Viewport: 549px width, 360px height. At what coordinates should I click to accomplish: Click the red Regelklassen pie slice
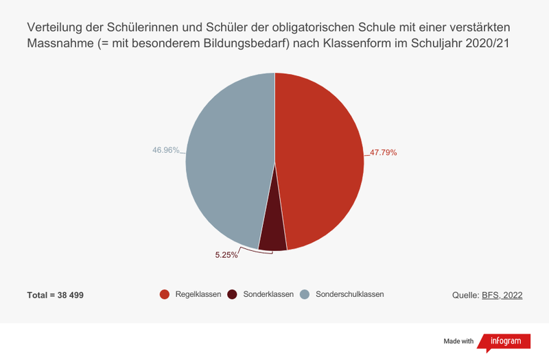[319, 158]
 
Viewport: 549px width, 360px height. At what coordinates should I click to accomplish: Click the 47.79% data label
[384, 152]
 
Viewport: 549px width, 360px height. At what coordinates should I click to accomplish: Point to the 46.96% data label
[165, 149]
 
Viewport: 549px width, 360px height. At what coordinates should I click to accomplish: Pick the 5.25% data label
[226, 255]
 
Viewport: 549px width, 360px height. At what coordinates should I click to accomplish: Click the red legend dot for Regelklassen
[165, 294]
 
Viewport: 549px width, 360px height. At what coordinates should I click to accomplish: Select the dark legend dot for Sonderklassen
[233, 294]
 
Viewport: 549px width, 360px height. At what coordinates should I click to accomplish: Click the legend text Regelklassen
[198, 294]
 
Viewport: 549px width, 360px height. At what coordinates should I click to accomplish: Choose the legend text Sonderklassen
[268, 294]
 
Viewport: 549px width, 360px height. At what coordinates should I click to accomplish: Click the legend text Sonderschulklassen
[349, 294]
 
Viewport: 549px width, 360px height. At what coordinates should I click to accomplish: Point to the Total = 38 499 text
[56, 295]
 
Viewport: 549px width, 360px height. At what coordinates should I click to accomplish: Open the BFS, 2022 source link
[503, 295]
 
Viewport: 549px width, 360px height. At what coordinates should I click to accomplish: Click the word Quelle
[465, 295]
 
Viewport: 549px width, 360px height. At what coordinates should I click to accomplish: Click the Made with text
[458, 341]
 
